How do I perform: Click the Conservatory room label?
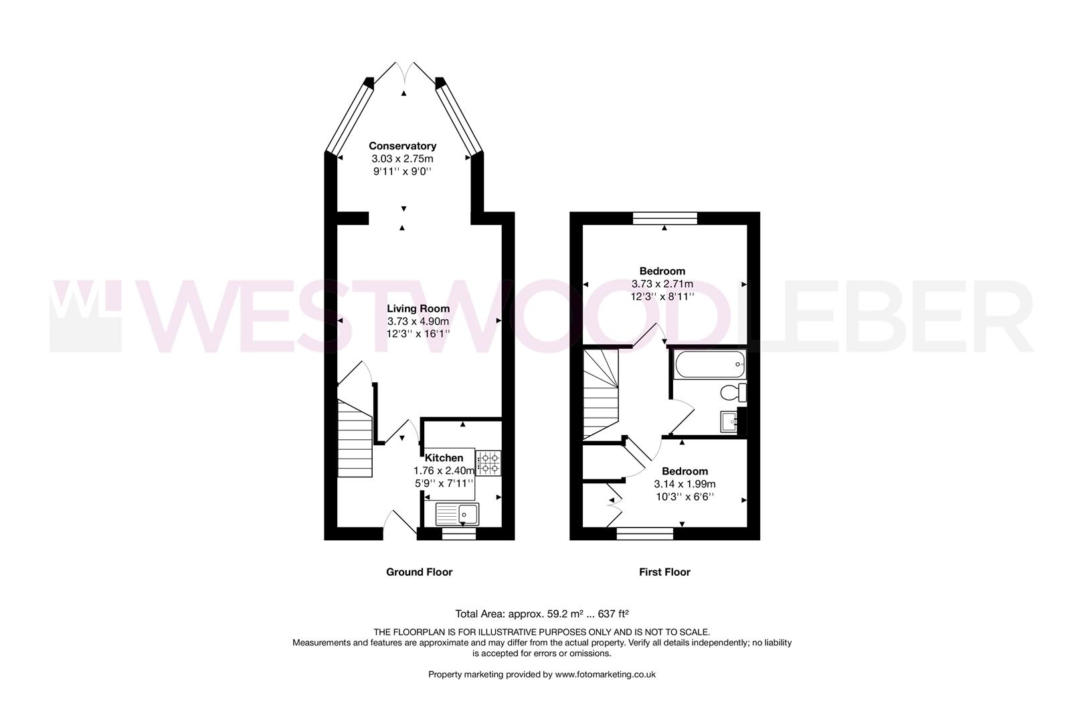click(x=402, y=146)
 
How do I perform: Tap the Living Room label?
click(x=418, y=309)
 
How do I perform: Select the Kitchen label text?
click(x=444, y=458)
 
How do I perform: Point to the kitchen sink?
click(x=458, y=514)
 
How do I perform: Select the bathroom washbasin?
click(x=729, y=422)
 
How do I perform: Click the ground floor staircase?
click(x=355, y=438)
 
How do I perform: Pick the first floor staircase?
click(x=600, y=395)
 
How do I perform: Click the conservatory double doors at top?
click(x=404, y=72)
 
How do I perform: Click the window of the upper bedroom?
click(x=665, y=218)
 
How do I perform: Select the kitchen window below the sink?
click(x=459, y=534)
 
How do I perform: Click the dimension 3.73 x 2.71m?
click(x=662, y=284)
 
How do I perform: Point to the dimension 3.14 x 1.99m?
click(x=685, y=484)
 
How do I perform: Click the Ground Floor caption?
click(x=419, y=572)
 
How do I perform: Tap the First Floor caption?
click(x=664, y=572)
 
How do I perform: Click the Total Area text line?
click(x=541, y=613)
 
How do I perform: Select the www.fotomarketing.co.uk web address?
click(x=605, y=674)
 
